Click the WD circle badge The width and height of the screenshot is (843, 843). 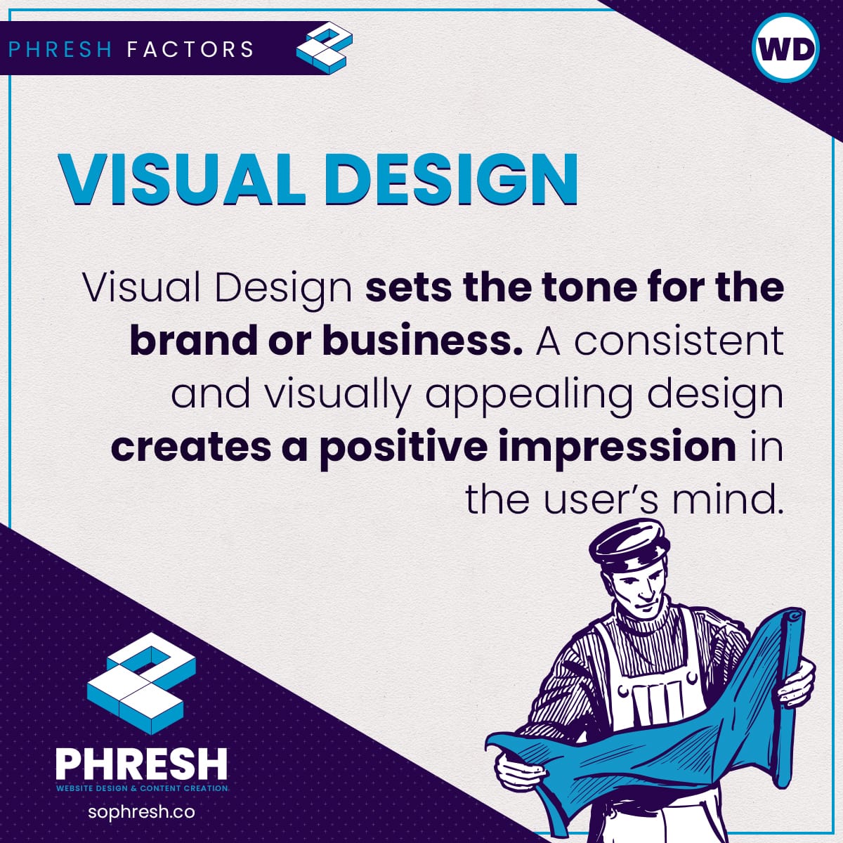786,48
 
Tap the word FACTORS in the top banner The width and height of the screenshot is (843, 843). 190,49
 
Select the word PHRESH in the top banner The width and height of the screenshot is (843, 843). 60,49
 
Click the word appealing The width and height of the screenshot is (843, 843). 530,397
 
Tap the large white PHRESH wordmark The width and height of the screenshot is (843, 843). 141,763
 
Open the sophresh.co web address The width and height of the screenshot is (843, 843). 141,812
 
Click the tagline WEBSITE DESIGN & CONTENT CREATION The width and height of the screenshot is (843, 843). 142,788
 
